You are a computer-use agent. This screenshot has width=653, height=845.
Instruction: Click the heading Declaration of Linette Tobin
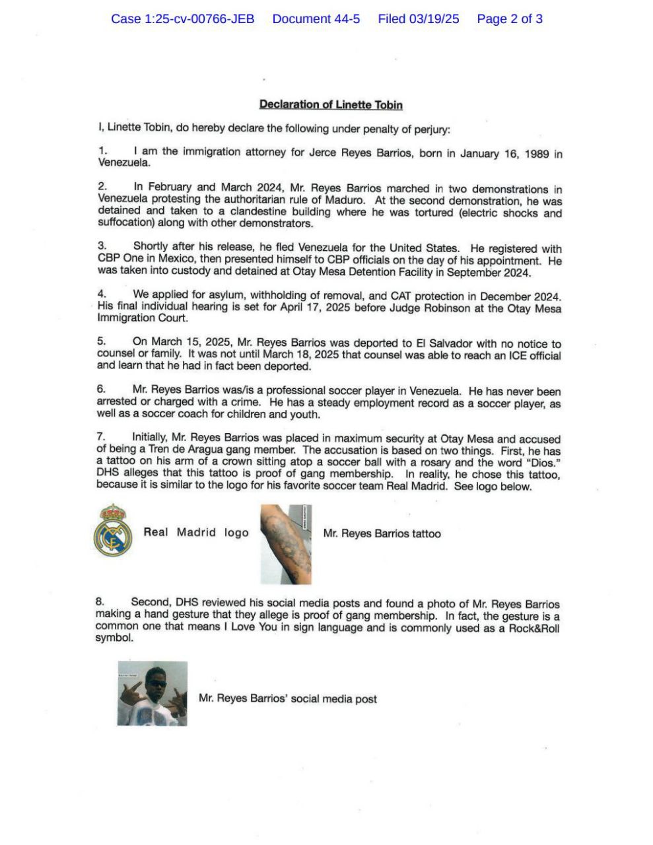tap(331, 104)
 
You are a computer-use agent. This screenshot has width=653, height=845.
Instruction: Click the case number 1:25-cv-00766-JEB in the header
tap(182, 18)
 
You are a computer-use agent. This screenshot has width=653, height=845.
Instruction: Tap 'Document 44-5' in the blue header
tap(316, 18)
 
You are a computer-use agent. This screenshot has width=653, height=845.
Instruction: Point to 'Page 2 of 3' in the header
tap(510, 18)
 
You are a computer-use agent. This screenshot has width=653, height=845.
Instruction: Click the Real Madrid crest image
tap(113, 530)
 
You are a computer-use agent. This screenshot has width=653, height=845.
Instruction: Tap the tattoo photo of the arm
tap(286, 545)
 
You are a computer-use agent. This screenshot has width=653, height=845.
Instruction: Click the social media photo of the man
tap(153, 693)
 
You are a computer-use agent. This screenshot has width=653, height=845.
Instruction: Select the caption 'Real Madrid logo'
tap(196, 532)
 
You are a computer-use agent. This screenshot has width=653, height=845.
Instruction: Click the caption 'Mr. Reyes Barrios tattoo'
tap(382, 533)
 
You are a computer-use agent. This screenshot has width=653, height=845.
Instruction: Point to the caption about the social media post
tap(288, 698)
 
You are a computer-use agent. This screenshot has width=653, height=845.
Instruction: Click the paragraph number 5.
tap(101, 341)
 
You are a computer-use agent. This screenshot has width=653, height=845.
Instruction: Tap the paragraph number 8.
tap(100, 601)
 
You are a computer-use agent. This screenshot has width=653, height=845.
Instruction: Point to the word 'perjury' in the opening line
tap(431, 129)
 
